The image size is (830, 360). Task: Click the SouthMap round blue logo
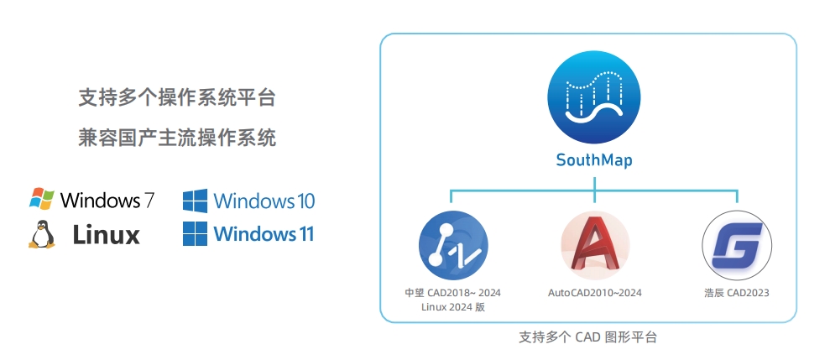594,98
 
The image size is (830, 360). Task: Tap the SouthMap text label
594,159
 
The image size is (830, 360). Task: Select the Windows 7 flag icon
42,200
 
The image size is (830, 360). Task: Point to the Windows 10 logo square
195,201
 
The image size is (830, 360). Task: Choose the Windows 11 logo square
195,233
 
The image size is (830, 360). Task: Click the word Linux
106,235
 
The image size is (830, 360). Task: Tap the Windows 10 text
264,201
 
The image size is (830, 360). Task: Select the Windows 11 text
264,233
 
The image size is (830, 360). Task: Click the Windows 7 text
107,200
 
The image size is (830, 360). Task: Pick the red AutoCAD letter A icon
594,245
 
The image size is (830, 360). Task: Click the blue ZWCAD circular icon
453,245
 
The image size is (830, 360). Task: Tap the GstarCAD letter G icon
736,245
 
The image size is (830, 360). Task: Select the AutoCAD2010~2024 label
595,293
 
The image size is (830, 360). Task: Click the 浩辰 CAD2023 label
736,293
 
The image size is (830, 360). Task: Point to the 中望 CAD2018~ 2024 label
452,293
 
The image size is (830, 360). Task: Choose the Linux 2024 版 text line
452,307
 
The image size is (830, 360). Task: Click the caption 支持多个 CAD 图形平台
587,337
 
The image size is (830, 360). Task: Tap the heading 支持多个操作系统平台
177,98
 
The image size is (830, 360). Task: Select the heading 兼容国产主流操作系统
177,137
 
